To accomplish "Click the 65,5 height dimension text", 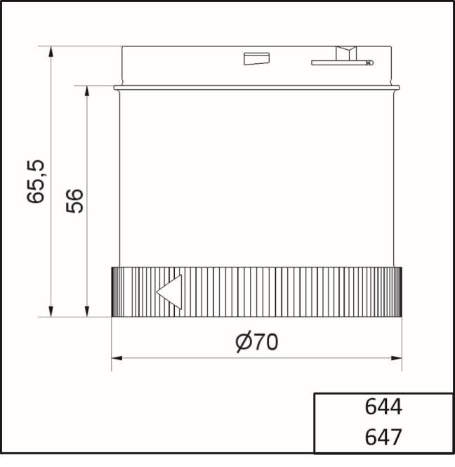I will [x=37, y=182].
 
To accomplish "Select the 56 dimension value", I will [x=76, y=201].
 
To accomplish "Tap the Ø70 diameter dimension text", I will [x=256, y=342].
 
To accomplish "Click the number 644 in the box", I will [x=383, y=408].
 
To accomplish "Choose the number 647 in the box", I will [x=383, y=438].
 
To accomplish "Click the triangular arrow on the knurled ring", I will [x=169, y=292].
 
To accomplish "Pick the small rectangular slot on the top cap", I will [x=253, y=59].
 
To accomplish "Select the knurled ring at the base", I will [x=281, y=292].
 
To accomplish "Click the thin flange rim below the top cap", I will [x=257, y=88].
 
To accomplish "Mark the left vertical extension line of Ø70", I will [x=112, y=344].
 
